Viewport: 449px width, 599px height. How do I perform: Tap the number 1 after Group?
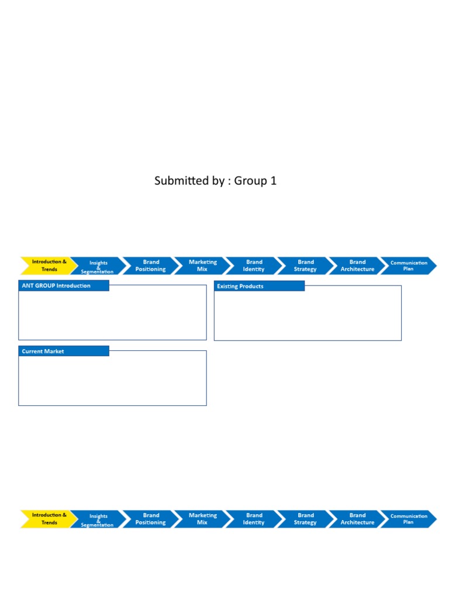coord(273,181)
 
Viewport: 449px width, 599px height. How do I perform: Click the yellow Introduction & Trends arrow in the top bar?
coord(49,266)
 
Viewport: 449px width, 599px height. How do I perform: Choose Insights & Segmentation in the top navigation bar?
coord(98,267)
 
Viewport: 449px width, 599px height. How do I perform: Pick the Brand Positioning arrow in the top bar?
coord(151,266)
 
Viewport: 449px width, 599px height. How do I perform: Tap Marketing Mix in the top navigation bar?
coord(202,266)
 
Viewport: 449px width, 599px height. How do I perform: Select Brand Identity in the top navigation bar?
coord(254,266)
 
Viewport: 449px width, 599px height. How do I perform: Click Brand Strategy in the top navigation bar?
coord(305,266)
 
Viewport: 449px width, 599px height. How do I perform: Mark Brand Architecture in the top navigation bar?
coord(357,266)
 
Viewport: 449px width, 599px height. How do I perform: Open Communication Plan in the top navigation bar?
coord(409,266)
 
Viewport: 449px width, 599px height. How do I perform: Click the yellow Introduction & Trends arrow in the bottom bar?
coord(49,519)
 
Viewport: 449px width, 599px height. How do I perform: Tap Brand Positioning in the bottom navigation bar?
coord(151,519)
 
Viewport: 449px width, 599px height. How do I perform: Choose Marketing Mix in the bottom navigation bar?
coord(202,519)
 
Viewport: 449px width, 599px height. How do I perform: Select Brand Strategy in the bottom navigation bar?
coord(305,519)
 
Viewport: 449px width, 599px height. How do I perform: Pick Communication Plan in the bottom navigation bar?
coord(409,519)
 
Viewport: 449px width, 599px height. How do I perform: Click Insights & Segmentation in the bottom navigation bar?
coord(98,520)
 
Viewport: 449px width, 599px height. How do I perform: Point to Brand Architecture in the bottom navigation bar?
coord(357,519)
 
